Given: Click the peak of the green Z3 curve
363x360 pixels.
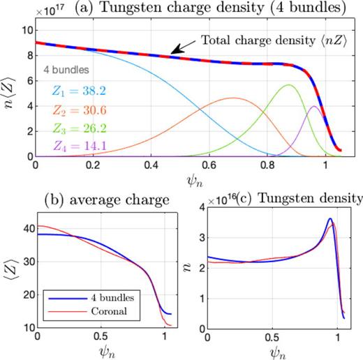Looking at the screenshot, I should pyautogui.click(x=289, y=85).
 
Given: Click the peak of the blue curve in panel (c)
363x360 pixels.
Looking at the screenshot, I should pyautogui.click(x=330, y=219).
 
